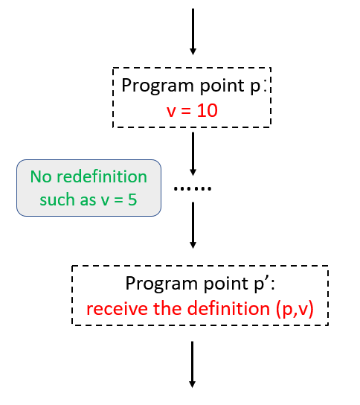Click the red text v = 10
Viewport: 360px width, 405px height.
[193, 111]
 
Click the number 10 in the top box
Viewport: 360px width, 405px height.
[210, 111]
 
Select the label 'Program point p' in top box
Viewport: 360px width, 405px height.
[194, 86]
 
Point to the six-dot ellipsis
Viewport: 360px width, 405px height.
[193, 188]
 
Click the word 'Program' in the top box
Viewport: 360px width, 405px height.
[152, 86]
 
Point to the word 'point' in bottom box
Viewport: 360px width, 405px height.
[212, 284]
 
